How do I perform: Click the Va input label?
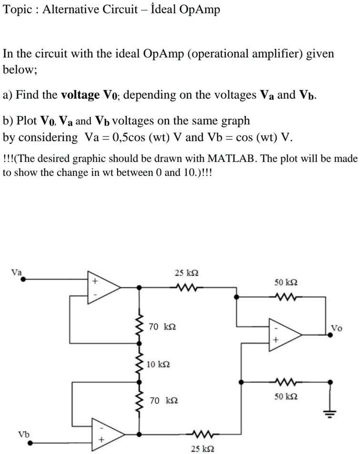[17, 272]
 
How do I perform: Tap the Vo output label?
[336, 328]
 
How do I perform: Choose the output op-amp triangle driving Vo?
[284, 334]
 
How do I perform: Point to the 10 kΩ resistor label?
[159, 364]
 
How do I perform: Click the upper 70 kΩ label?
[162, 327]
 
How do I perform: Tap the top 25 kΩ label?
[187, 273]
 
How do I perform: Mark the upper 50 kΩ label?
[287, 282]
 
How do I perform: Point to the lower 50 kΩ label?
[287, 396]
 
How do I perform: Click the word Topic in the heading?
[17, 10]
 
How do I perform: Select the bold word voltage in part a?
[80, 95]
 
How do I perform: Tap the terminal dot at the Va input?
[22, 281]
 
